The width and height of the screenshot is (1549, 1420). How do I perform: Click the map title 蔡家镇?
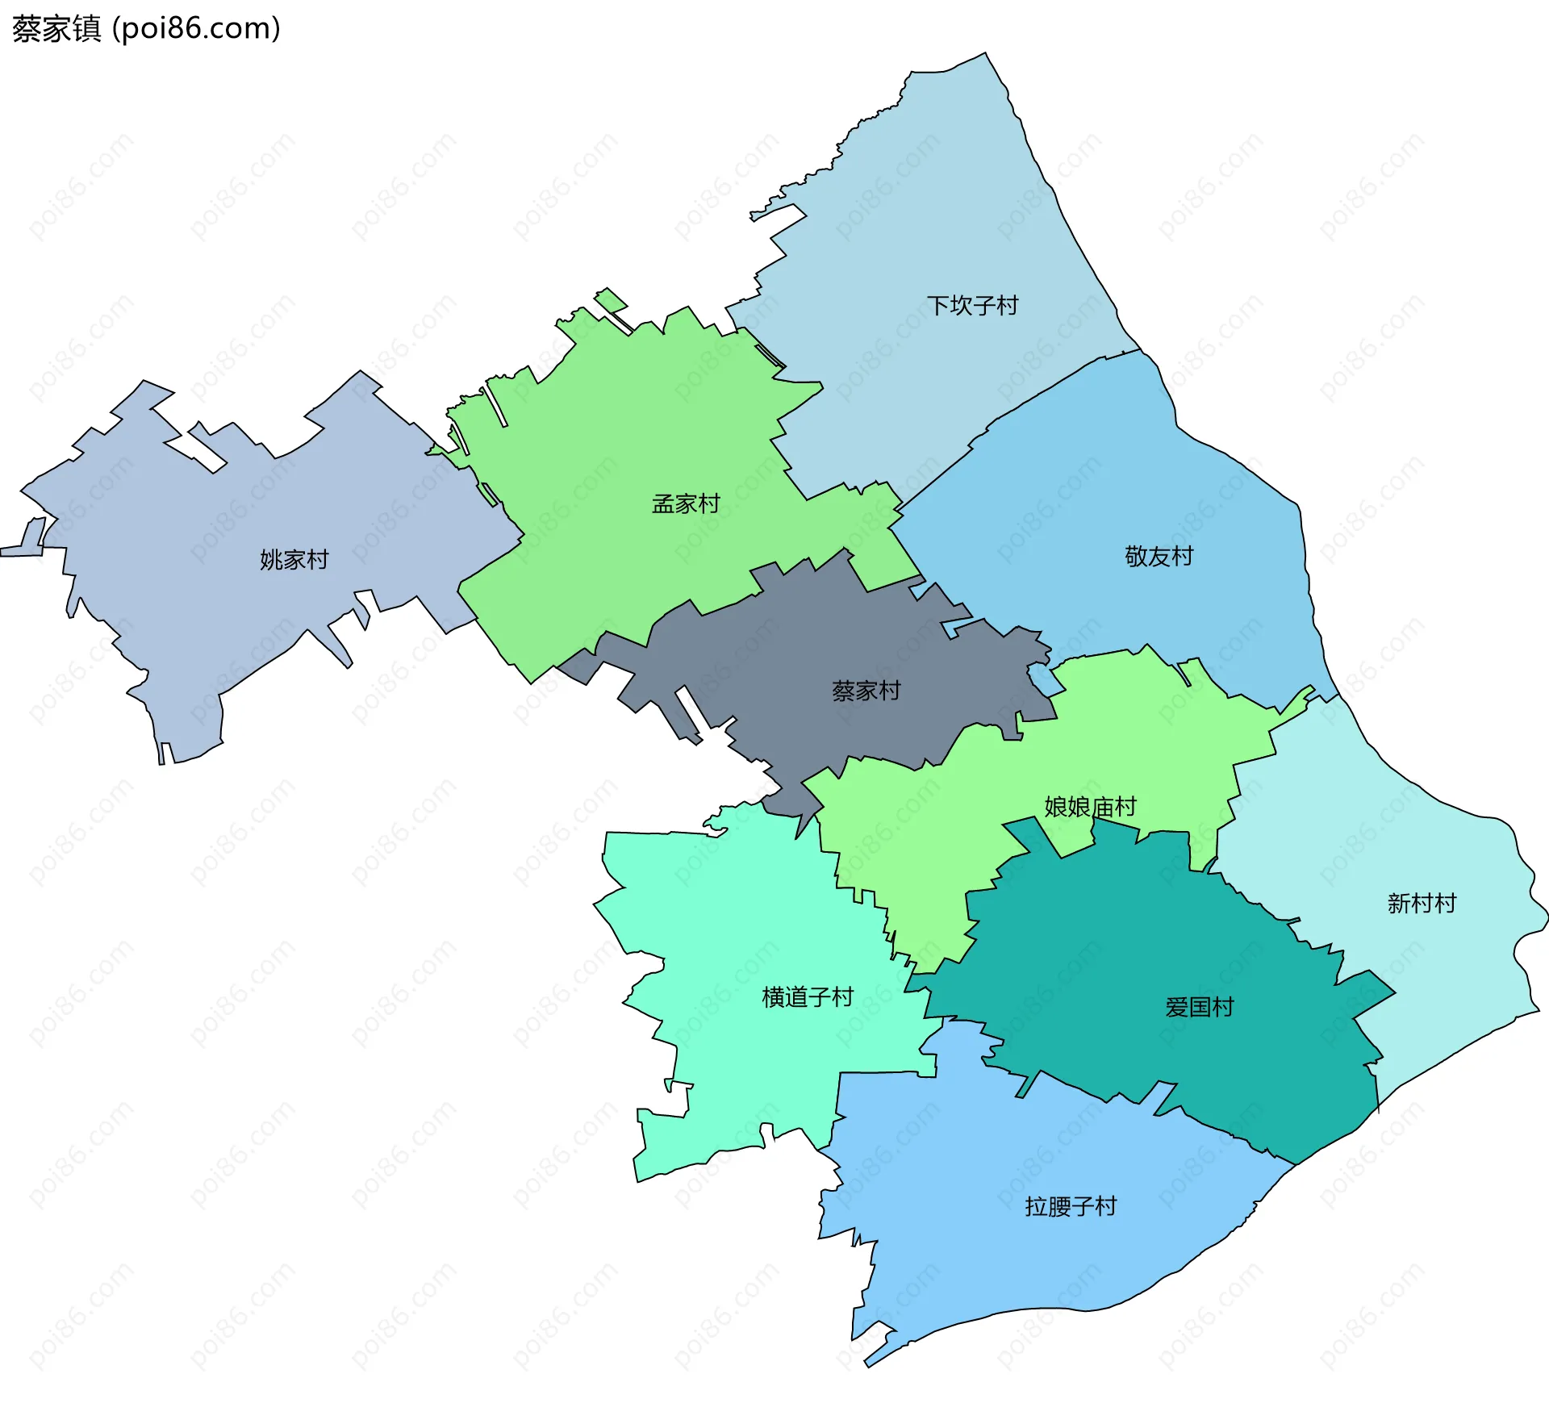(56, 29)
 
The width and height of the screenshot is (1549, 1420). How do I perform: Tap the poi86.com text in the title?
(196, 29)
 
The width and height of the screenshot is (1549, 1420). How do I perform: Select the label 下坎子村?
(972, 306)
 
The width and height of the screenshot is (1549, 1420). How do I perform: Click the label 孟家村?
(686, 504)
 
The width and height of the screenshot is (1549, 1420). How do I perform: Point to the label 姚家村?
(294, 560)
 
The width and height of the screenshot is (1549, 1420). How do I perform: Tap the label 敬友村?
(1159, 557)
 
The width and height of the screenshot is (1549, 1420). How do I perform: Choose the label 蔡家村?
(866, 691)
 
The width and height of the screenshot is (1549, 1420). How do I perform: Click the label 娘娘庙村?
(1090, 807)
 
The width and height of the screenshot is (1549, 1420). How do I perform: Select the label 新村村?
(1422, 904)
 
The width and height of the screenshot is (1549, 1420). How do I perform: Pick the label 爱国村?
(1199, 1008)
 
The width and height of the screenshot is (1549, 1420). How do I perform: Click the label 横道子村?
(808, 998)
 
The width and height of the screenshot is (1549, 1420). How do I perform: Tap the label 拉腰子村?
(1071, 1207)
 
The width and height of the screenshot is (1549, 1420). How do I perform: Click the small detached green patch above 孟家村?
(611, 300)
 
